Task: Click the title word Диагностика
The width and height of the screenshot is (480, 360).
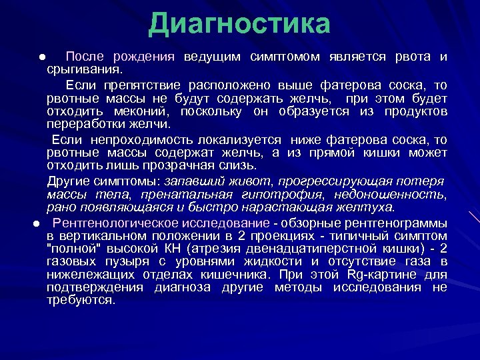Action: pyautogui.click(x=239, y=24)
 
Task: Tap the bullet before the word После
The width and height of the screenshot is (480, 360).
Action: pyautogui.click(x=41, y=57)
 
